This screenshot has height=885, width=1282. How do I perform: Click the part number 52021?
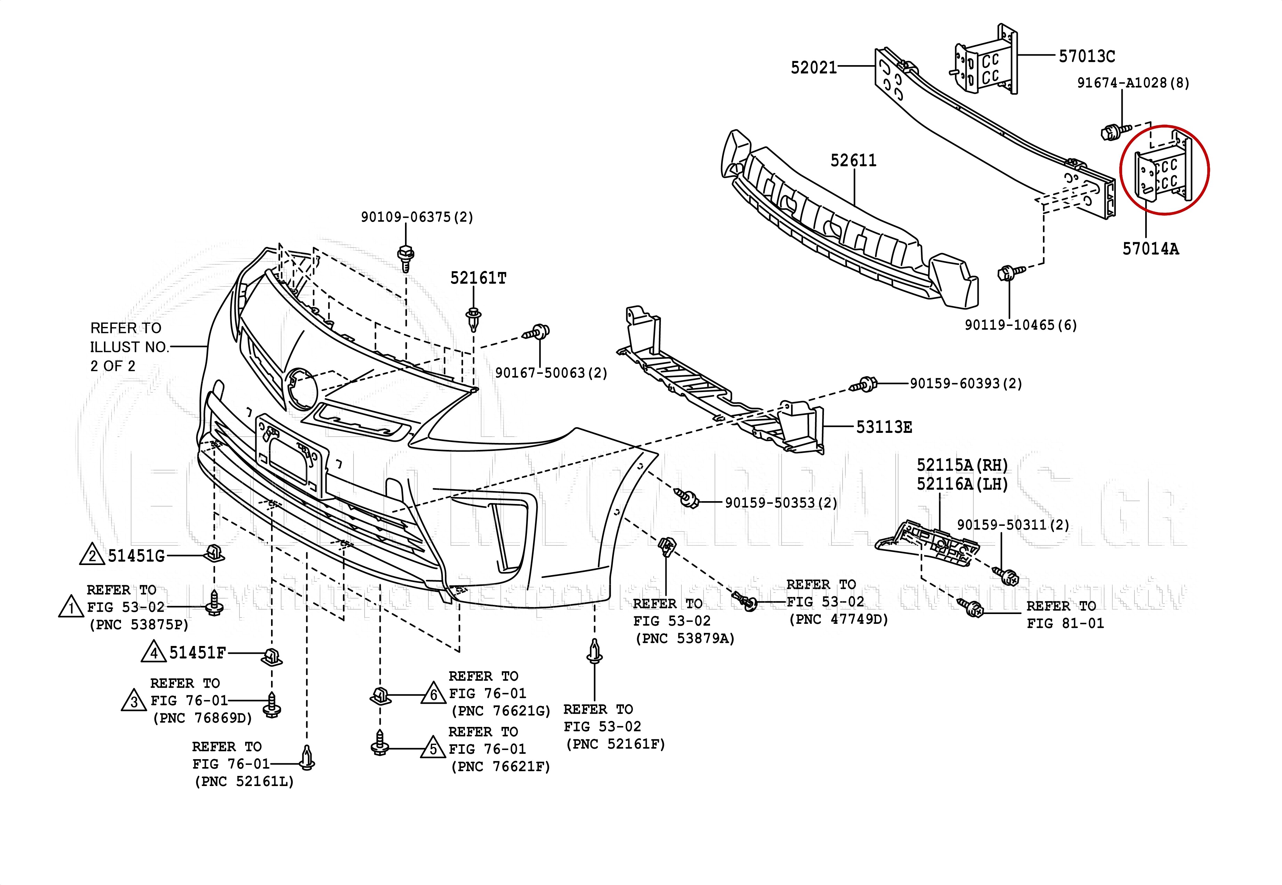click(x=813, y=68)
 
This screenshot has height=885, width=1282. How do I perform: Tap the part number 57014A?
click(x=1150, y=249)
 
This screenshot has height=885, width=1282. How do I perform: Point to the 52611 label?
click(x=853, y=161)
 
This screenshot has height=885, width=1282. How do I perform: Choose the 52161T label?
click(x=478, y=278)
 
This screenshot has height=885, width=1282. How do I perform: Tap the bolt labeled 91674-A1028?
click(x=1108, y=132)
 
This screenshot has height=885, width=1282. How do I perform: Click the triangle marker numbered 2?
click(x=92, y=556)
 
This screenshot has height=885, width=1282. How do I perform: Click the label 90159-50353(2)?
click(x=781, y=503)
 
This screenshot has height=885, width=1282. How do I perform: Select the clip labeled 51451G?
click(x=215, y=552)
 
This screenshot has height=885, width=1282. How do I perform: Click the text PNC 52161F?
click(x=615, y=744)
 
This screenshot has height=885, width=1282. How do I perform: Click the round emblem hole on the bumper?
click(x=300, y=389)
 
